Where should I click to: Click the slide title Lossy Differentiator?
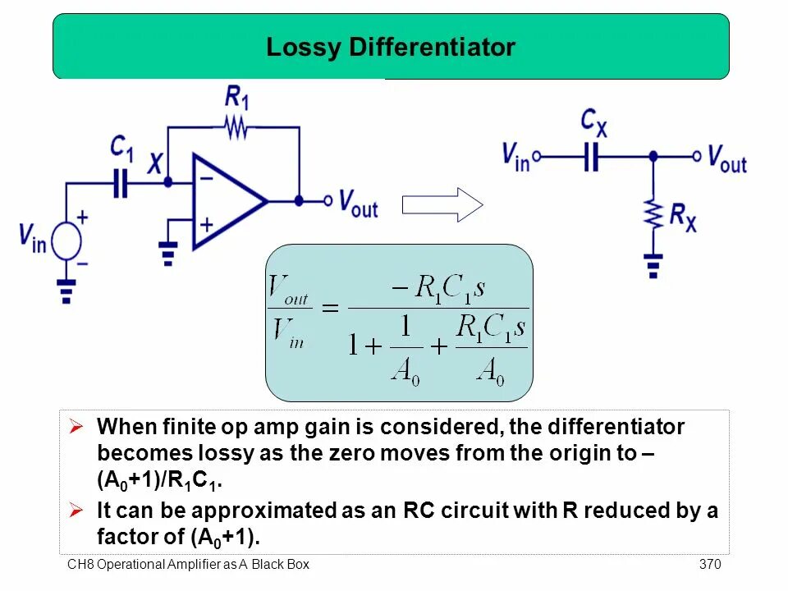point(391,48)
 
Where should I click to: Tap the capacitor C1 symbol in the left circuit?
point(121,183)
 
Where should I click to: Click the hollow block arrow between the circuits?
point(442,204)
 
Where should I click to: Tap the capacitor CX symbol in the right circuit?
point(592,155)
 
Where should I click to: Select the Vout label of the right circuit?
point(726,158)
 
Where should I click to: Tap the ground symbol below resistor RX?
point(653,264)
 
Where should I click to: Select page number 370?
point(709,564)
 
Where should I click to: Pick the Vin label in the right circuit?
point(516,155)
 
